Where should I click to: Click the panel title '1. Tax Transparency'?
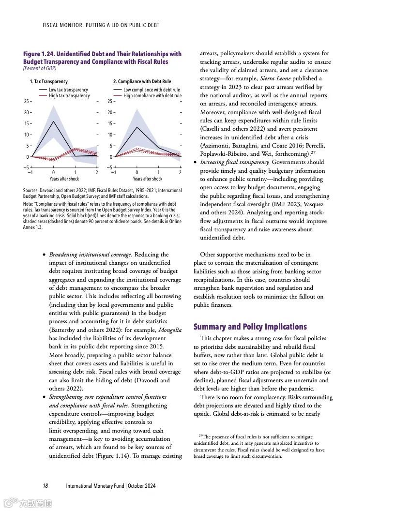[x=49, y=82]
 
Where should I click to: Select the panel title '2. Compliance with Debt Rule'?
[x=142, y=82]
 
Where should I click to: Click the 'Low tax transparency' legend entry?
[x=68, y=90]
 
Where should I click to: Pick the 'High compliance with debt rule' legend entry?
[x=152, y=96]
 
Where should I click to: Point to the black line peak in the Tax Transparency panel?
[x=53, y=121]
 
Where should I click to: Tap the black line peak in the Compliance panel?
[x=137, y=127]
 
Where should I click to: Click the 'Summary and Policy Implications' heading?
[x=250, y=327]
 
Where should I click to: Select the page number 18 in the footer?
[x=45, y=486]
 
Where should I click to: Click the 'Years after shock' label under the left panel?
[x=64, y=179]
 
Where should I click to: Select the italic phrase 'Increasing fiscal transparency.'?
[x=235, y=162]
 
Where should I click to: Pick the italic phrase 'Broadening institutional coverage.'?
[x=91, y=255]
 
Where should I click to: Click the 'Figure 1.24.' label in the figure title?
[x=41, y=54]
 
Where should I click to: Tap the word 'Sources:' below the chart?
[x=32, y=191]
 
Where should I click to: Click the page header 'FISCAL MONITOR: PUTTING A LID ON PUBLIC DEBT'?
[x=101, y=25]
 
